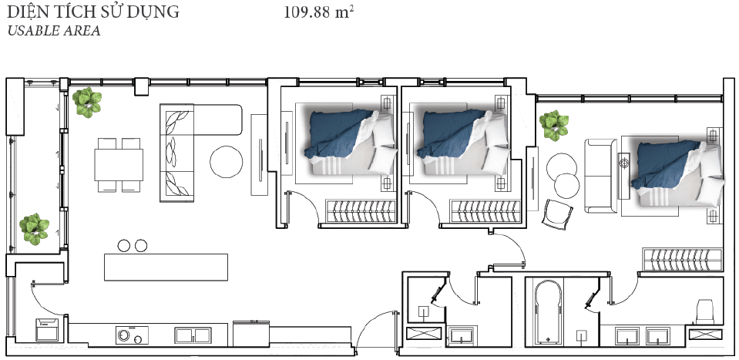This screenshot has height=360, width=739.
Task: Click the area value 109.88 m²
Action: pos(318,12)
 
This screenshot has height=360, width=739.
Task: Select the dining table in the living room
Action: pos(119,165)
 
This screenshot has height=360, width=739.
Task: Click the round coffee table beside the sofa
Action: pos(227,162)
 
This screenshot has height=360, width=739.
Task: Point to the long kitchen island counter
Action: pos(166,267)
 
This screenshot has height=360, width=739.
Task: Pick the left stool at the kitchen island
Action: pos(124,245)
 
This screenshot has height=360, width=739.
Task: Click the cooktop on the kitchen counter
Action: pos(132,335)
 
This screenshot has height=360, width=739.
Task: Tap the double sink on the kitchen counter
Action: pos(193,335)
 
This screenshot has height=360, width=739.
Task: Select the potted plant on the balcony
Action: pos(34,229)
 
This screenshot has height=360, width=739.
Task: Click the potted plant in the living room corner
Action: pos(87,103)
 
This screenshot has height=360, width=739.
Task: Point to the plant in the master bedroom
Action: pos(554,126)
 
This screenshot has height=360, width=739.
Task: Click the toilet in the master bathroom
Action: pos(705,311)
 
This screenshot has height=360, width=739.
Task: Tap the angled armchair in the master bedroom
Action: pos(557,214)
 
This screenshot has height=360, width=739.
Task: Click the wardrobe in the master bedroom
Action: pos(683,260)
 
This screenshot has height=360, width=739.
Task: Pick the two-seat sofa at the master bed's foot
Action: pos(600,176)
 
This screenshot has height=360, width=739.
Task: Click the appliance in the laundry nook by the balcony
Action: pos(47,329)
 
